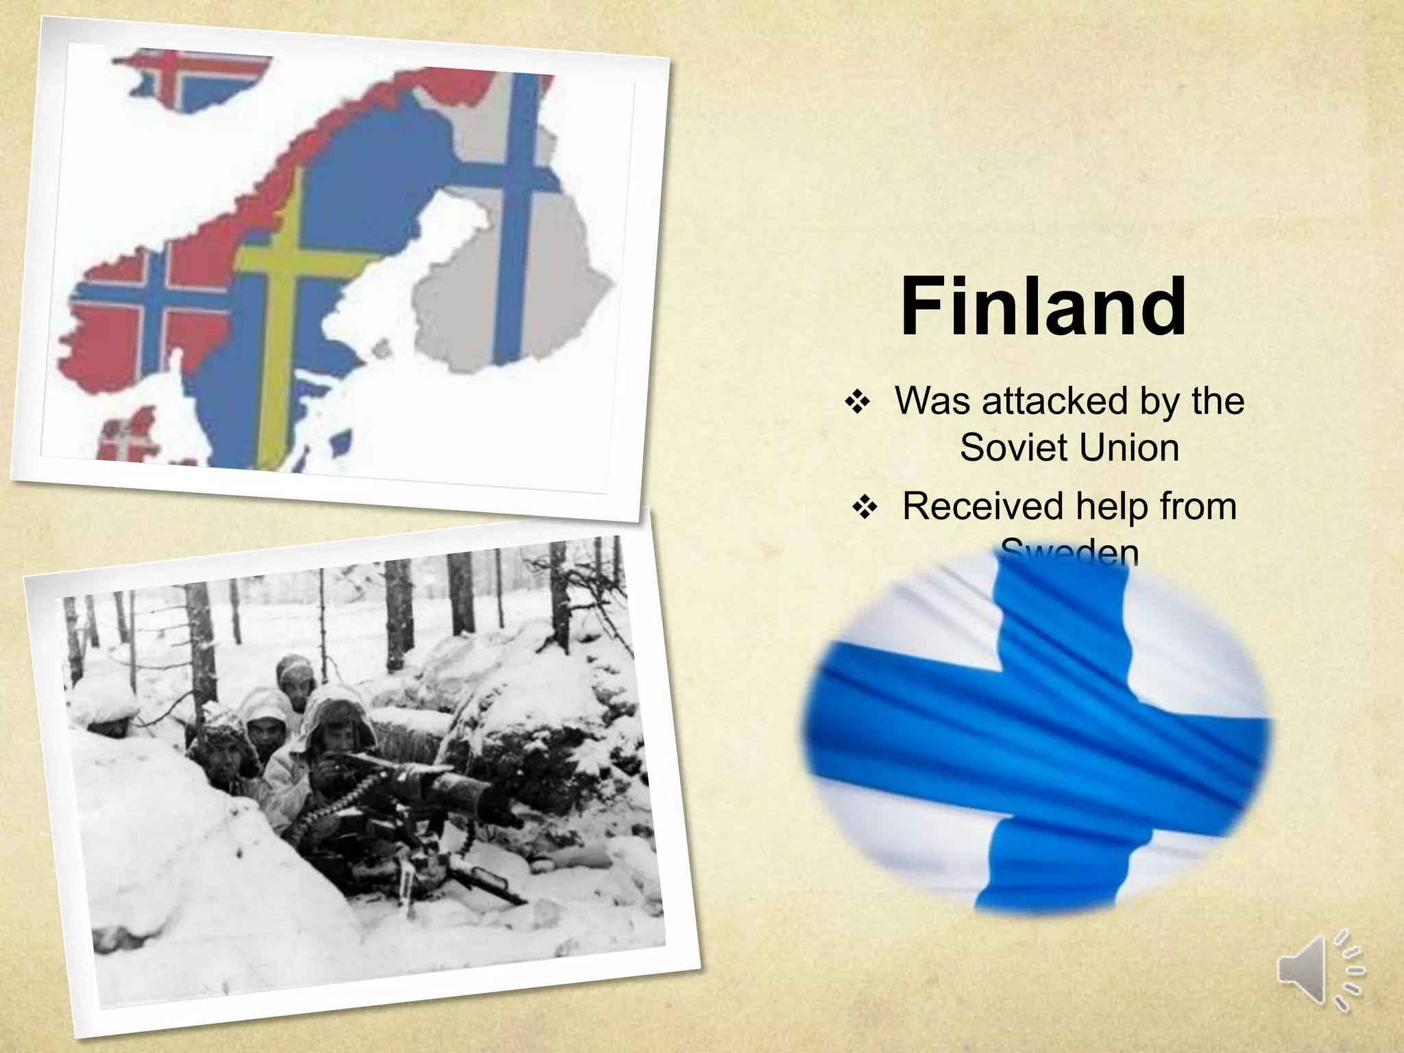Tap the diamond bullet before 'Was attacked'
click(857, 403)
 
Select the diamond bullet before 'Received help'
click(864, 509)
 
